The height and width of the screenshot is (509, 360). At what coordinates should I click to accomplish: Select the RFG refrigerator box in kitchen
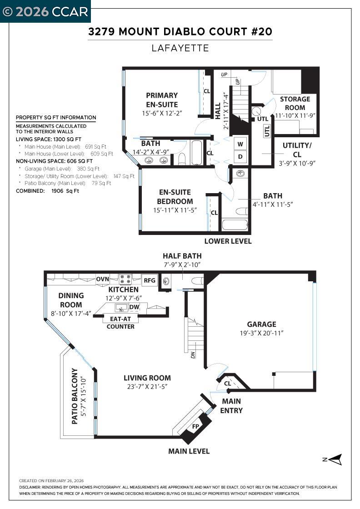pyautogui.click(x=150, y=280)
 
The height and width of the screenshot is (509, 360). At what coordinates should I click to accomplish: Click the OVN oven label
pyautogui.click(x=102, y=279)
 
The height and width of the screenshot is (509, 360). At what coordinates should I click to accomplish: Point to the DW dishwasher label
pyautogui.click(x=134, y=307)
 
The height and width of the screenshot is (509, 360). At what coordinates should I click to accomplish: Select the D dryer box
pyautogui.click(x=241, y=156)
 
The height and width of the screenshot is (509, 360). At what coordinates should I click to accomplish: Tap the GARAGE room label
pyautogui.click(x=261, y=324)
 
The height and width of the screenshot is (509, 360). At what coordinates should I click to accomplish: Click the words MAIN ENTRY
pyautogui.click(x=232, y=406)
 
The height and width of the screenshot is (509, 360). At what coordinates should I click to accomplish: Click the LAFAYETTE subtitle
pyautogui.click(x=180, y=48)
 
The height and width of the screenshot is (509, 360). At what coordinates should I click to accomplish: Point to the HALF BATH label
pyautogui.click(x=182, y=256)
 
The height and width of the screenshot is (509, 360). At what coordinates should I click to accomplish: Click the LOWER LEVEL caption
pyautogui.click(x=228, y=241)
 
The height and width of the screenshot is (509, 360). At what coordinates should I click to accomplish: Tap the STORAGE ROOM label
pyautogui.click(x=295, y=103)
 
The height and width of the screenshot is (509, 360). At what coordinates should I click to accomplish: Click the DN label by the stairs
pyautogui.click(x=193, y=354)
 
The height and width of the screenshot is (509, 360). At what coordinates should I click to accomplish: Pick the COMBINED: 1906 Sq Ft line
pyautogui.click(x=48, y=191)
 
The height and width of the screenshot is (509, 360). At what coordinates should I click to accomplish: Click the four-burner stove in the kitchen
pyautogui.click(x=125, y=279)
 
